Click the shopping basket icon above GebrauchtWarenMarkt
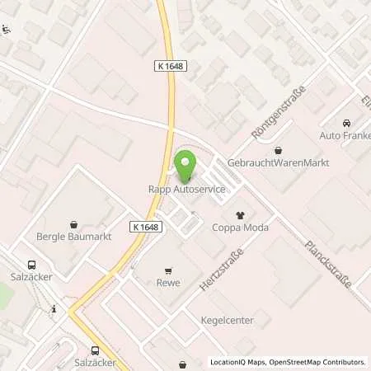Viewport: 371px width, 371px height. (277, 150)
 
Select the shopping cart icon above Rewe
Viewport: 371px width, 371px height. (169, 270)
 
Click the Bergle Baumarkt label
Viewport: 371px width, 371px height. (74, 237)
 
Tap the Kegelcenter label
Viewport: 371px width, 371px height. (227, 320)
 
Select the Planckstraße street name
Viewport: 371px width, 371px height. (328, 264)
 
